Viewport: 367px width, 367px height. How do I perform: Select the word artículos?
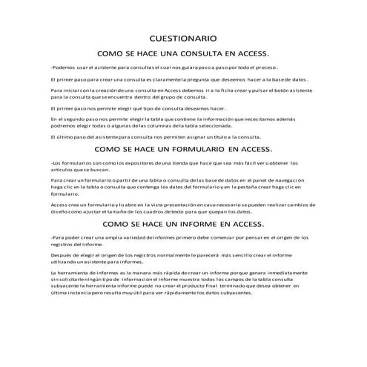tap(61, 168)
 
